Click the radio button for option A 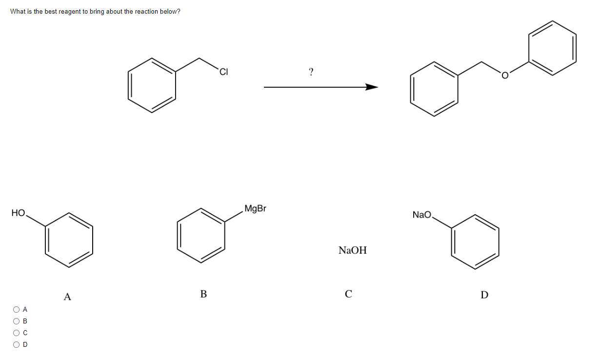tap(17, 309)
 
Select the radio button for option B tap(17, 321)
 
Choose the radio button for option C tap(17, 333)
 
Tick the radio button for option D tap(17, 344)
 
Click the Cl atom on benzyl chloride tap(223, 73)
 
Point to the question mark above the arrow tap(311, 72)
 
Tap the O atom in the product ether tap(505, 76)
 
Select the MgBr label tap(255, 209)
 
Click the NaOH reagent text tap(352, 250)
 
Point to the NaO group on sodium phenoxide tap(422, 215)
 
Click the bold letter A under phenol tap(67, 296)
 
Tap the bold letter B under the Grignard tap(203, 294)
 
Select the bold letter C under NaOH tap(348, 294)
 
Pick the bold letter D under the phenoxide tap(484, 295)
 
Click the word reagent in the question tap(69, 11)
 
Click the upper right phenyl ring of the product tap(553, 48)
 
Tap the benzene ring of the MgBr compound tap(201, 236)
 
